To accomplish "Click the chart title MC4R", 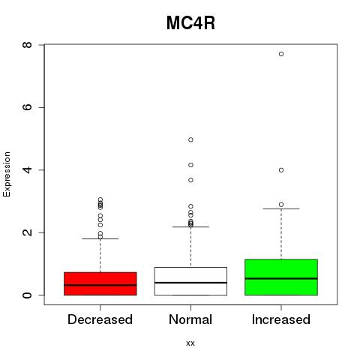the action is [190, 23].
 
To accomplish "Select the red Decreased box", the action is [100, 283].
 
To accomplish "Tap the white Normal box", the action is [190, 281].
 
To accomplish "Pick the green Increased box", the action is [281, 277].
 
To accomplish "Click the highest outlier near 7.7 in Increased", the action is [281, 54].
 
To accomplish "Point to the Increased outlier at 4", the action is [281, 170].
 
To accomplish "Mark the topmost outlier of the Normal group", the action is [190, 139].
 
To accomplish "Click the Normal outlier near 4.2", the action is [190, 165].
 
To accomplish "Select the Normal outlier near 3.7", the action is [190, 180].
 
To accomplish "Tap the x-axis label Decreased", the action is [100, 319].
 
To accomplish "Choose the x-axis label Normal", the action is [190, 319].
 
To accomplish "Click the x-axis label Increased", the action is [281, 319].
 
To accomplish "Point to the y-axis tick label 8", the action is [27, 45].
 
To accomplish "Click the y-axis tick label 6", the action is [27, 107].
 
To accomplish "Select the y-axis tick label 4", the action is [27, 170].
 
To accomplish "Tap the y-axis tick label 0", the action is [27, 295].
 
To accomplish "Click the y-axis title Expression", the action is [7, 174].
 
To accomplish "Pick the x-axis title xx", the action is [190, 343].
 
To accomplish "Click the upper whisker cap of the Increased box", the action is [281, 208].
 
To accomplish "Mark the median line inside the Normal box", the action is [190, 283].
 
